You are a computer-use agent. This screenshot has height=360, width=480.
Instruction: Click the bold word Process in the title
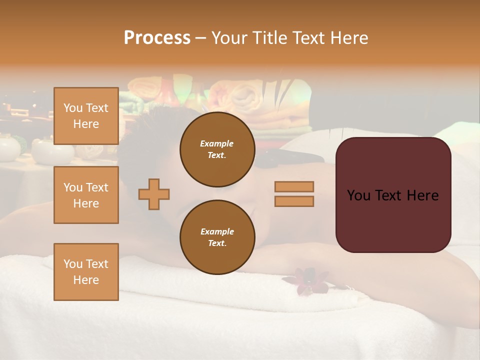[157, 38]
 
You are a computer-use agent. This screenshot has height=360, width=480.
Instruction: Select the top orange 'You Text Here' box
[86, 116]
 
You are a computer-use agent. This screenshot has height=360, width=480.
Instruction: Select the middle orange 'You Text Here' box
[86, 195]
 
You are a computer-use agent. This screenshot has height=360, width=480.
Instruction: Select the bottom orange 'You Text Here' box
[86, 272]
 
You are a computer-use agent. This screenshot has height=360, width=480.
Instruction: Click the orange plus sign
[154, 194]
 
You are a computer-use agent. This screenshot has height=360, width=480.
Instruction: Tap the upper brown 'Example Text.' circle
[217, 149]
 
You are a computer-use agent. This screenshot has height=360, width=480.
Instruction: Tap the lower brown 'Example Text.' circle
[217, 237]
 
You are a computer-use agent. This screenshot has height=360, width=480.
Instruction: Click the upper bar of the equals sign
[294, 186]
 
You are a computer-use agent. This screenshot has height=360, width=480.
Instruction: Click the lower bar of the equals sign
[294, 201]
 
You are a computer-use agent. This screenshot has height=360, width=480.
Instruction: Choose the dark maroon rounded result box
[393, 195]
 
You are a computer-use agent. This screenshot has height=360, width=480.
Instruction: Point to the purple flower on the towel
[306, 280]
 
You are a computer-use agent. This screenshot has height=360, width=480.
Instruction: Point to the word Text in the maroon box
[393, 195]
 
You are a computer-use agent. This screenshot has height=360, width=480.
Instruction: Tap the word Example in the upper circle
[217, 143]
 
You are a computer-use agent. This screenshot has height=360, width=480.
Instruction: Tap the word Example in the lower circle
[217, 231]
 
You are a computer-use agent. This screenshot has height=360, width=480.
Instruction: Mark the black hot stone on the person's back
[310, 158]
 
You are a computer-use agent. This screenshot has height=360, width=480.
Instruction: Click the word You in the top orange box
[73, 108]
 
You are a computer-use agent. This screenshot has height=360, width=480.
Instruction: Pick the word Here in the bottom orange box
[86, 280]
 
